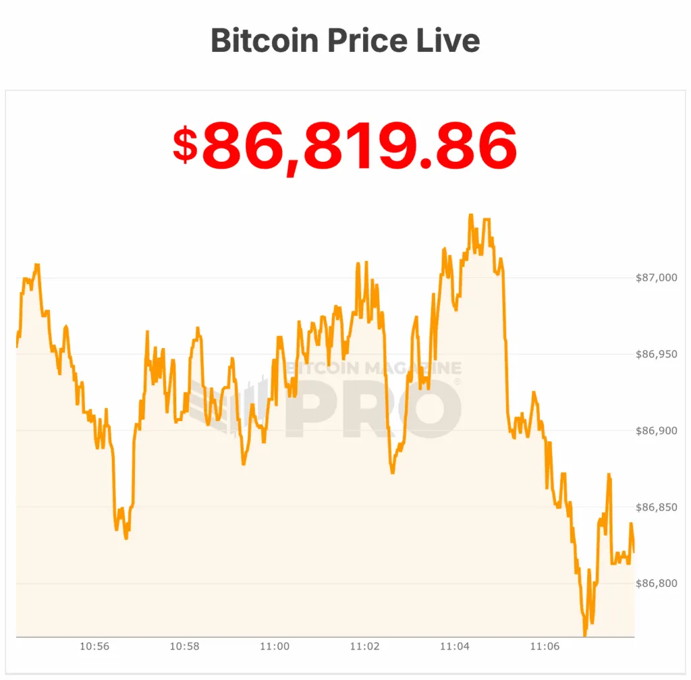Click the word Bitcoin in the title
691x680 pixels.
click(x=265, y=40)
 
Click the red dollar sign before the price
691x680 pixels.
click(x=185, y=144)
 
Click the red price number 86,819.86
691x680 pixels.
click(x=359, y=146)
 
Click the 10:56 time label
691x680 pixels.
click(x=94, y=646)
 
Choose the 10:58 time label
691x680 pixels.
click(x=184, y=646)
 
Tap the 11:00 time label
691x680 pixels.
click(x=275, y=646)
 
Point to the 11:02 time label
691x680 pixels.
click(x=364, y=646)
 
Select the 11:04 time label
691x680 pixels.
click(x=455, y=646)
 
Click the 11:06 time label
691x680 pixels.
click(x=545, y=646)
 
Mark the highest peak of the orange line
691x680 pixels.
click(x=470, y=215)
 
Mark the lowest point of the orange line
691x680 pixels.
click(x=584, y=635)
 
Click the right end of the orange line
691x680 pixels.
click(x=634, y=552)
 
